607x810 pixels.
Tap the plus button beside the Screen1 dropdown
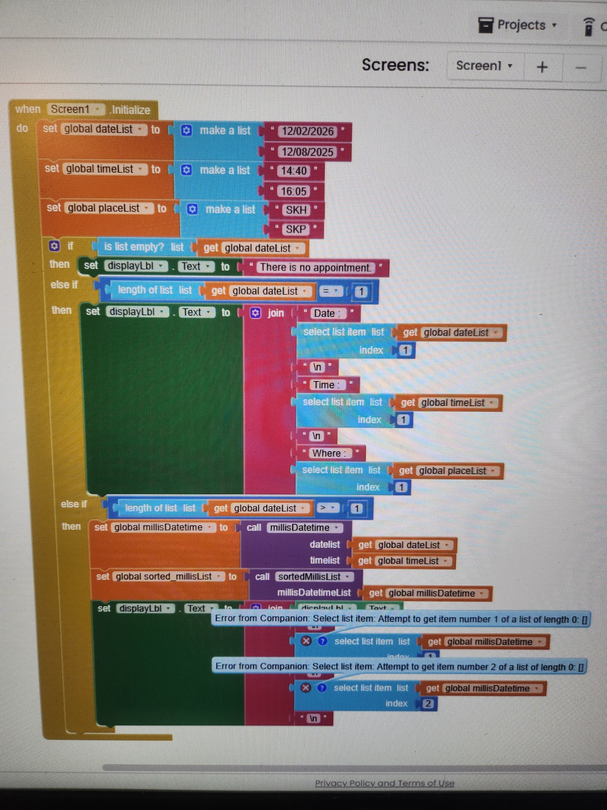pos(542,67)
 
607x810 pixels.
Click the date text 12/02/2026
pos(307,131)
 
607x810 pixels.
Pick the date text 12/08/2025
pos(307,152)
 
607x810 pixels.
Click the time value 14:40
pos(293,171)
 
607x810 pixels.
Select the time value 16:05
pos(293,191)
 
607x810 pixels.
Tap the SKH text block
pos(296,210)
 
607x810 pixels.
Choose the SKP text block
pos(296,229)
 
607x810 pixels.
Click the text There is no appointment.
pos(315,268)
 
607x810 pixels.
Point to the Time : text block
pos(326,385)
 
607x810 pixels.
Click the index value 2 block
pos(428,703)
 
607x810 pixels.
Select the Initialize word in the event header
pos(131,110)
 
